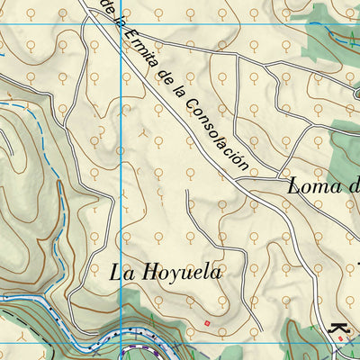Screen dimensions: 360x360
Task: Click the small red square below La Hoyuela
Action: point(207,323)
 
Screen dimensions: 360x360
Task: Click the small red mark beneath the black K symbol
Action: point(347,339)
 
